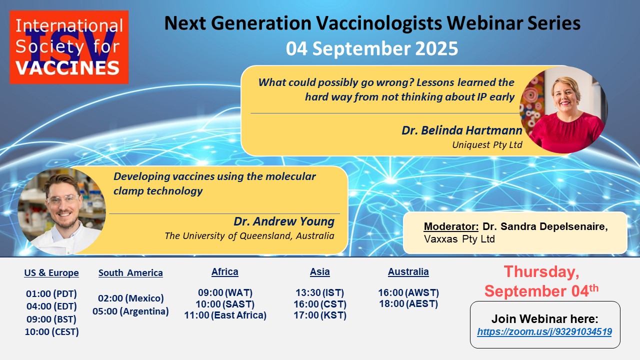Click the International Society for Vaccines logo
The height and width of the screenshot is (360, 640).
click(69, 47)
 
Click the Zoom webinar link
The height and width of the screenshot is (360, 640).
click(544, 331)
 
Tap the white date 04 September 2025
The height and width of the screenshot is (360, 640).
click(372, 48)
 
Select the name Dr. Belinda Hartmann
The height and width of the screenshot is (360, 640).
click(462, 130)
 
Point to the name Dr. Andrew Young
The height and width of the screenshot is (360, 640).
click(284, 221)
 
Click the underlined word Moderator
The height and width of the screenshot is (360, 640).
click(451, 226)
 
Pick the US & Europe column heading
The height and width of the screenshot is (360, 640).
click(51, 272)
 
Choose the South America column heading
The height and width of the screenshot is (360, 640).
click(130, 272)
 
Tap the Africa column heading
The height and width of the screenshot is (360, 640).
click(225, 271)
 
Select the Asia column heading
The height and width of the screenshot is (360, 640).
click(319, 271)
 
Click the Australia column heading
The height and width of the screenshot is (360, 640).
click(408, 271)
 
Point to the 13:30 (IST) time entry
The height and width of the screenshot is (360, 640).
click(319, 292)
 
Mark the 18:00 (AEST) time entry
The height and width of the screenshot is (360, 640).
click(408, 303)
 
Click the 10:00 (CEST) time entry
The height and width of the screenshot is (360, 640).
click(51, 331)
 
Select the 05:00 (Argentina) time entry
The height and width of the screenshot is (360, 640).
click(130, 311)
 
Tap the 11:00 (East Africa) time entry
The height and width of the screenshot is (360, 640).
click(225, 315)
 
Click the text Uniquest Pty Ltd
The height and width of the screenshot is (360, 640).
click(487, 145)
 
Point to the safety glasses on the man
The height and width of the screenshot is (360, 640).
click(63, 199)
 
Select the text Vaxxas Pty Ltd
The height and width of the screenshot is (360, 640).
click(459, 239)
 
